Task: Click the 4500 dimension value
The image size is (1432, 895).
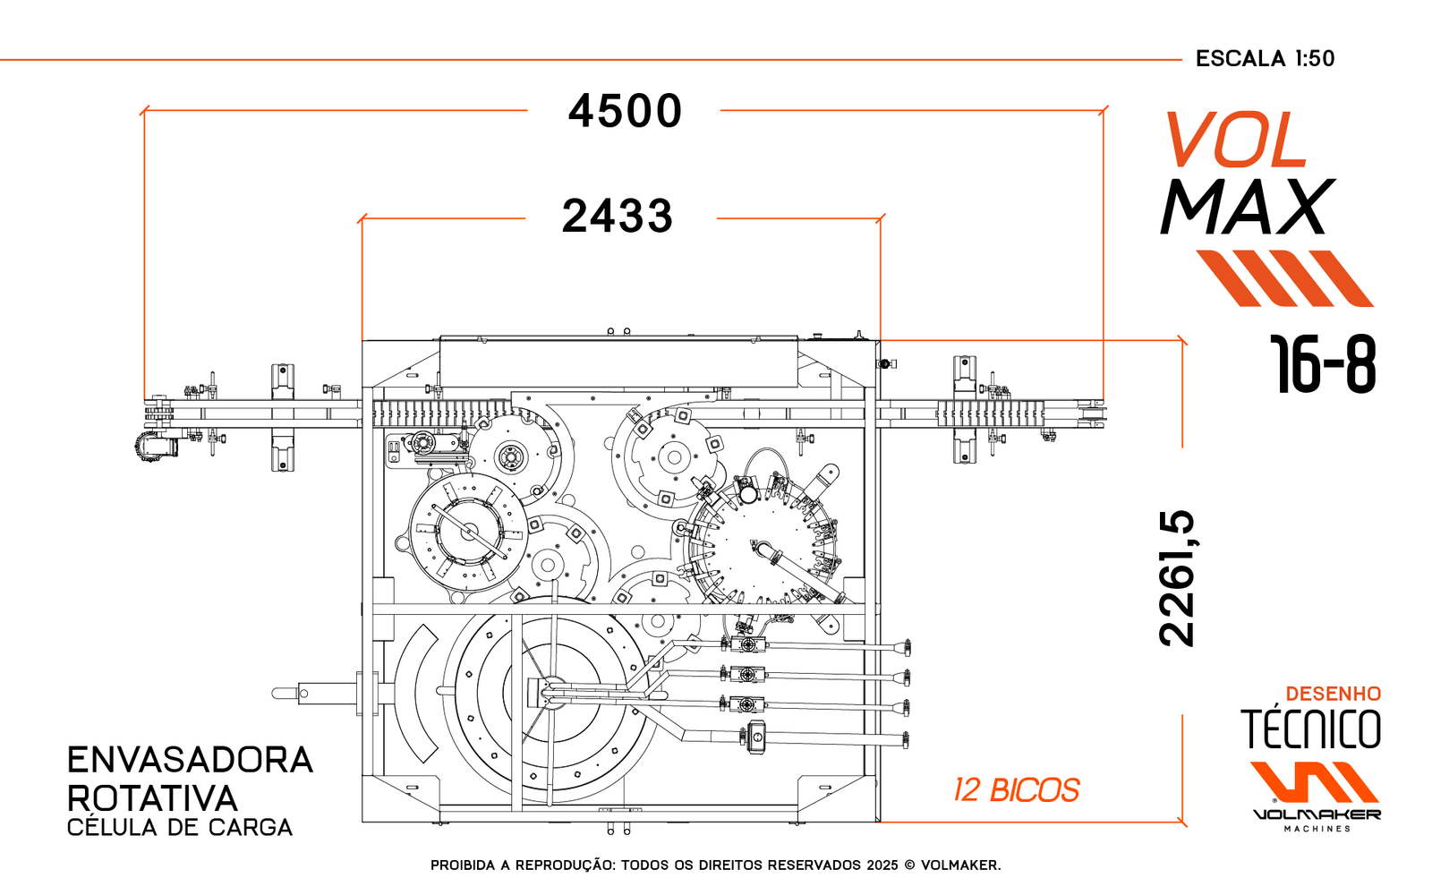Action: pos(625,112)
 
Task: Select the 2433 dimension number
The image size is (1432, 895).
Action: pos(617,217)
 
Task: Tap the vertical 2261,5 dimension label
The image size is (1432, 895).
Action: pos(1177,578)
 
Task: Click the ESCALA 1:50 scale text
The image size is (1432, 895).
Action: pos(1265,59)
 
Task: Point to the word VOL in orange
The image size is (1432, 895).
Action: pos(1236,141)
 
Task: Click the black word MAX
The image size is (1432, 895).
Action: pos(1247,209)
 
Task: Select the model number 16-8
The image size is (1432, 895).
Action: pos(1323,365)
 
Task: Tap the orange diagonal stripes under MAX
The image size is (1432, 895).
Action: pos(1285,278)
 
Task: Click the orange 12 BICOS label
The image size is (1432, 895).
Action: pos(1016,790)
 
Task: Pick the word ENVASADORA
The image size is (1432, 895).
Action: pos(190,760)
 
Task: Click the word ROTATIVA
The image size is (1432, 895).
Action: pos(152,798)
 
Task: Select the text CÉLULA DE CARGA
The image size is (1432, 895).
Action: pos(180,828)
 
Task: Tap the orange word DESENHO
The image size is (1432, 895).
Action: pos(1333,694)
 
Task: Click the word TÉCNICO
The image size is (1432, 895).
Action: pos(1310,729)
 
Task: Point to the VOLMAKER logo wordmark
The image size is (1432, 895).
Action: pos(1317,814)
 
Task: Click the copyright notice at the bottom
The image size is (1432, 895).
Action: pos(715,865)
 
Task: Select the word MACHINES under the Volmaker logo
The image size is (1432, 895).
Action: pos(1317,830)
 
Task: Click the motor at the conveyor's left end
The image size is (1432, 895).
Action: pos(154,445)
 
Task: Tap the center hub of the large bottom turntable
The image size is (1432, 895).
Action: pos(549,693)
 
